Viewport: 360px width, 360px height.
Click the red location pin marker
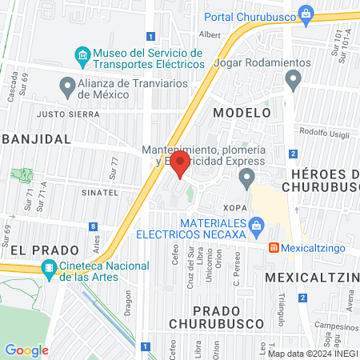[180, 166]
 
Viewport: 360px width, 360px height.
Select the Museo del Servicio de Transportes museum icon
[82, 55]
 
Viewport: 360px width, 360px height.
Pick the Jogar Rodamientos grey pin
[293, 78]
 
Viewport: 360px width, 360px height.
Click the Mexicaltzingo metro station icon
[273, 248]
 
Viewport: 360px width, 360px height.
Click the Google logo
[26, 350]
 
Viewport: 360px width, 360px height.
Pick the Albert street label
[210, 34]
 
